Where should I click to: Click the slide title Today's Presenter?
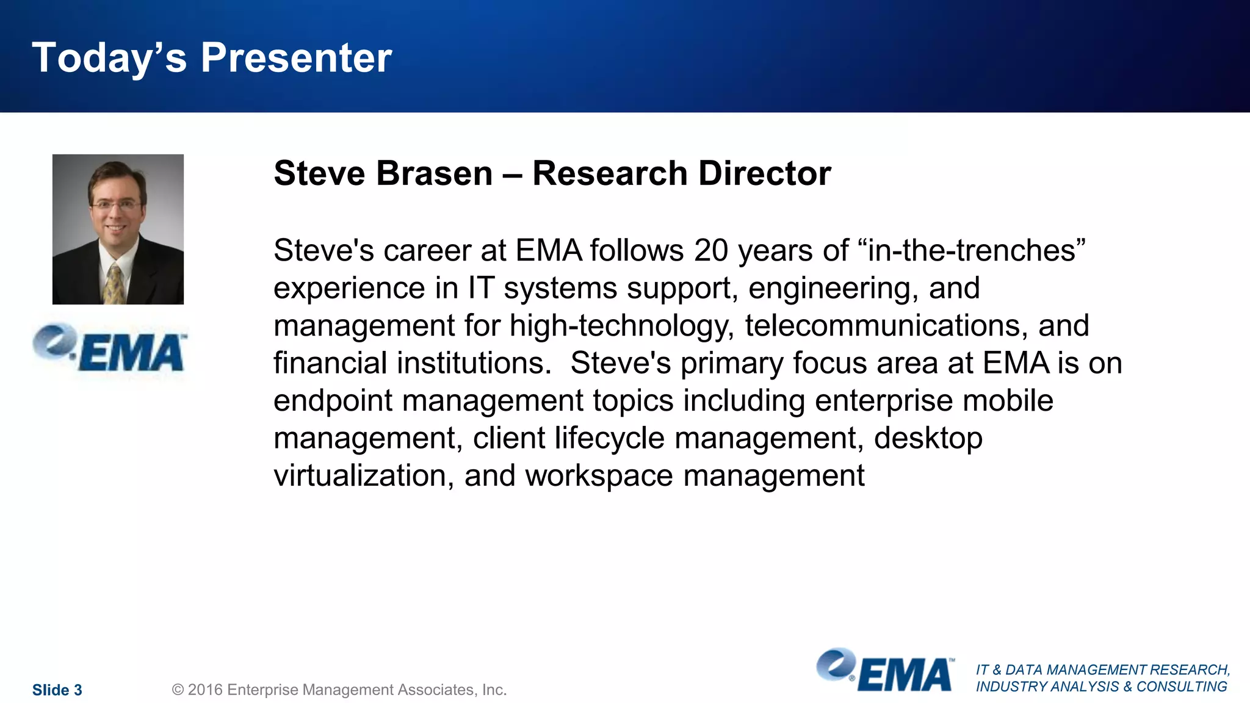[212, 59]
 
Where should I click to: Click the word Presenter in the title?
[296, 59]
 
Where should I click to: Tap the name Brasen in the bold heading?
[434, 173]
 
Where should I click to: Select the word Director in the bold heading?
[764, 173]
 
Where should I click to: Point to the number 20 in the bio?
[710, 251]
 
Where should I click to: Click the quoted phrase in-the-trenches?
[977, 251]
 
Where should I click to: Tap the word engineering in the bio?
[833, 289]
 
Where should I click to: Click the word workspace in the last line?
[599, 476]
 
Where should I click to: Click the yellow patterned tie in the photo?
[114, 284]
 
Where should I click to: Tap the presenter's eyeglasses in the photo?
[115, 206]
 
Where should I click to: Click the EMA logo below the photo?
[110, 349]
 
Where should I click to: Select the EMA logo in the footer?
[884, 671]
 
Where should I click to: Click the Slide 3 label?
[57, 690]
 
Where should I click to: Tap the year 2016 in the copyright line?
[205, 690]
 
